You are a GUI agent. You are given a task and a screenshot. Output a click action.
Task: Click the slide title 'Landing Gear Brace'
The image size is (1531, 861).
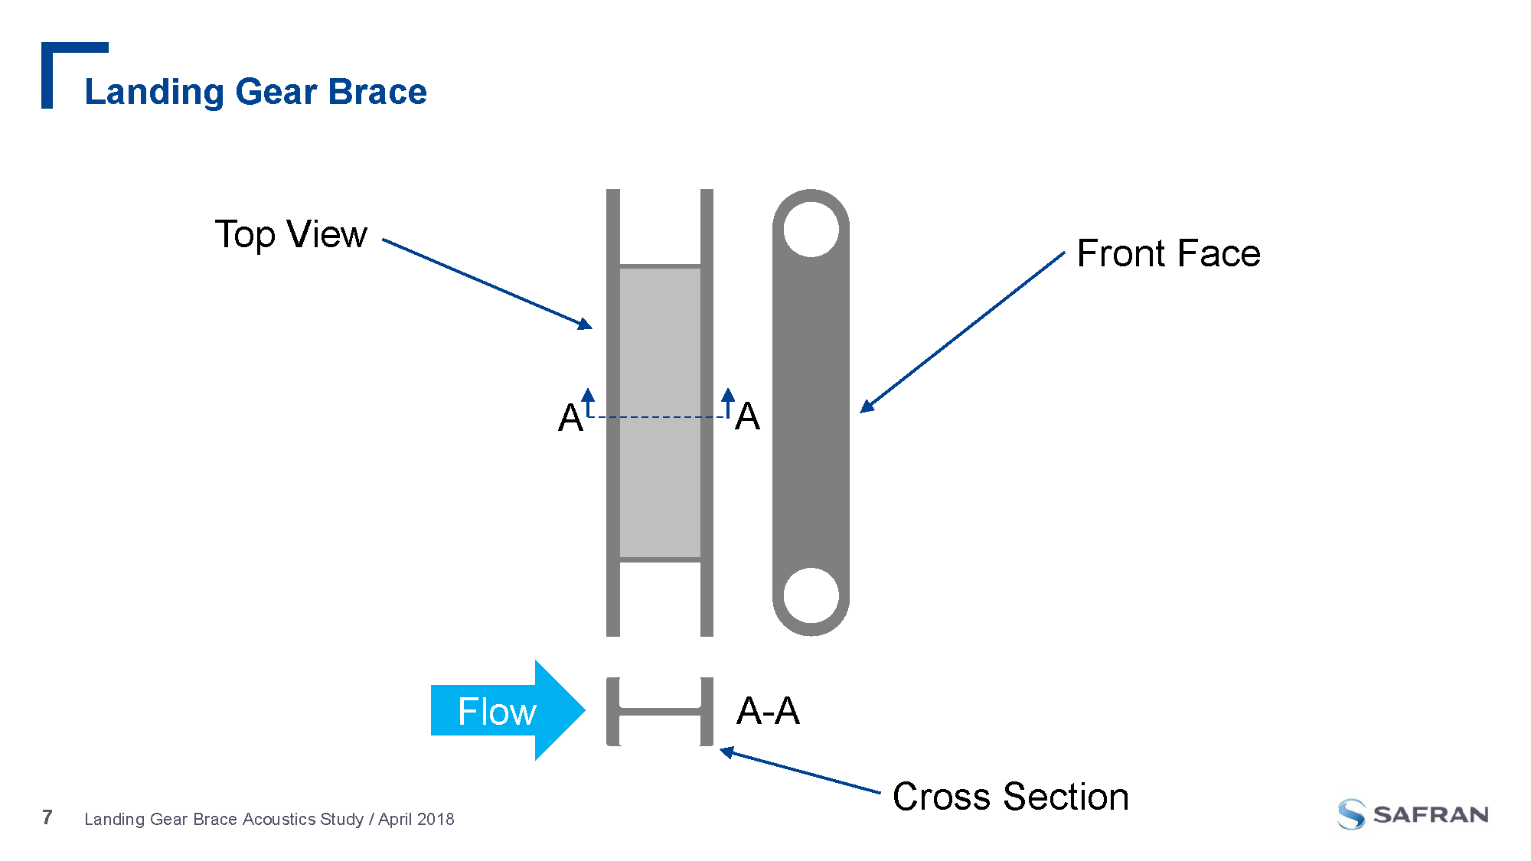point(255,92)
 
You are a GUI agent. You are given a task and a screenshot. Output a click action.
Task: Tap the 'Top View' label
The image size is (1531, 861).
point(291,234)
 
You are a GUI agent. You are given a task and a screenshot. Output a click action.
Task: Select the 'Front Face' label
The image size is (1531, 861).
point(1168,253)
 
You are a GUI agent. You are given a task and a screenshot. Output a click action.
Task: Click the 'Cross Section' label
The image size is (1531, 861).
point(1010,797)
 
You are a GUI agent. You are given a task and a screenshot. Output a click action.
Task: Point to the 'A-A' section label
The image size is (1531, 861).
point(768,711)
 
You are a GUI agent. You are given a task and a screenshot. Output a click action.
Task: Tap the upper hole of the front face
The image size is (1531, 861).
point(811,229)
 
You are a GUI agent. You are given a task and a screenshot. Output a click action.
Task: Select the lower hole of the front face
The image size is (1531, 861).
point(811,595)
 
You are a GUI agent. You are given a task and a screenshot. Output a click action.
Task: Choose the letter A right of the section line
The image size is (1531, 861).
point(747,417)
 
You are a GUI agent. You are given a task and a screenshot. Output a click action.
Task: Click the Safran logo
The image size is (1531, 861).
point(1412,814)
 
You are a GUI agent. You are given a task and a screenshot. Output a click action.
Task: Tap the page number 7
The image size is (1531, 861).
point(47,817)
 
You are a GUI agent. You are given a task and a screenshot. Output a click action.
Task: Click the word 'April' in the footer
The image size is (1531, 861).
point(395,819)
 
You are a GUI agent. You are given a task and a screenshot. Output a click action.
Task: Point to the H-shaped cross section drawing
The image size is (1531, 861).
point(660,712)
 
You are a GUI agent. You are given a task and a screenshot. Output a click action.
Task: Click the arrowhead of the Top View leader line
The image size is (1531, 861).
point(586,325)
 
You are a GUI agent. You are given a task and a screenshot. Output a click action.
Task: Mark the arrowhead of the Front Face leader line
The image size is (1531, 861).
point(866,407)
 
